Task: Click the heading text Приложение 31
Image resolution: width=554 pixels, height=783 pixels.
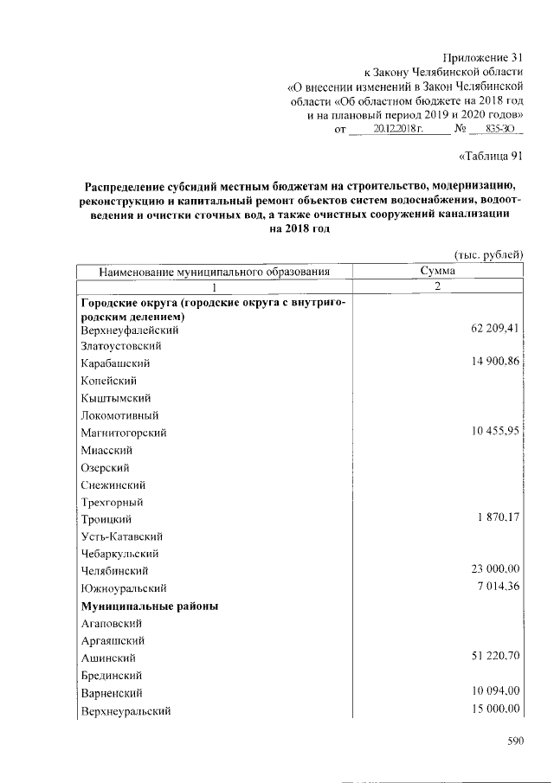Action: [x=483, y=56]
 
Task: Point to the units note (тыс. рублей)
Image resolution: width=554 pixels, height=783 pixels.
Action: [x=488, y=254]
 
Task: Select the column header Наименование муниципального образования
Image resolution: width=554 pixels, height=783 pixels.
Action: [x=216, y=272]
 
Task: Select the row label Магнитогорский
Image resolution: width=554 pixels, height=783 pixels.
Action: [x=124, y=433]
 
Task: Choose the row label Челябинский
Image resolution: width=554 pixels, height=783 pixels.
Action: [x=114, y=571]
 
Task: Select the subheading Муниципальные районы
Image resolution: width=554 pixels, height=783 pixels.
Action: [x=148, y=606]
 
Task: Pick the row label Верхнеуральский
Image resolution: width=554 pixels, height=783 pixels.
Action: [x=125, y=710]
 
